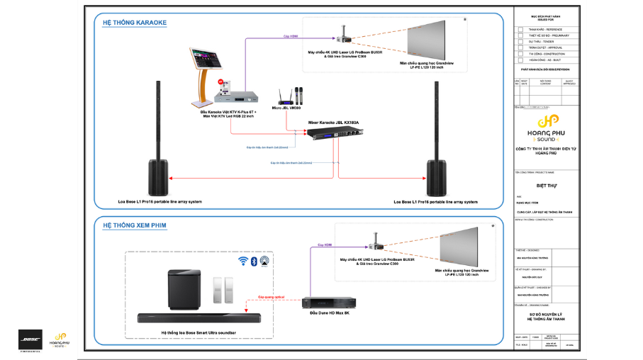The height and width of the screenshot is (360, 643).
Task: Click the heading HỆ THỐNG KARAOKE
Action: tap(134, 23)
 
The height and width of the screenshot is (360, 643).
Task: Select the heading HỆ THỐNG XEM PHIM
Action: tap(135, 225)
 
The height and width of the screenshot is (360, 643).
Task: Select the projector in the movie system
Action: tap(374, 241)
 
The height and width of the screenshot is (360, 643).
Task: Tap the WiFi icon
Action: tap(242, 262)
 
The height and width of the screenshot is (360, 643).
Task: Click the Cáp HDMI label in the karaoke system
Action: tap(290, 35)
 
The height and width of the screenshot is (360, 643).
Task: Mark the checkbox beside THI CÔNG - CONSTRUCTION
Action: tap(520, 54)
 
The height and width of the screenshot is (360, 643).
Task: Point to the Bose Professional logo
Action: tap(30, 339)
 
